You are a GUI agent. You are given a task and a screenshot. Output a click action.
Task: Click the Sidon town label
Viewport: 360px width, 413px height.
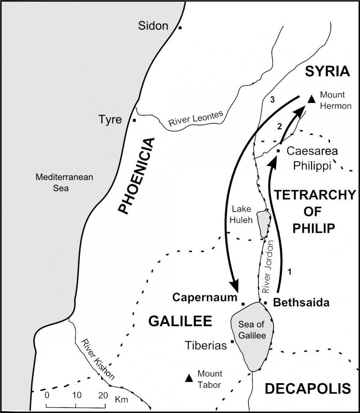[x=153, y=26]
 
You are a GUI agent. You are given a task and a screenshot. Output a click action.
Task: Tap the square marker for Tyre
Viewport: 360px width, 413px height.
[x=134, y=120]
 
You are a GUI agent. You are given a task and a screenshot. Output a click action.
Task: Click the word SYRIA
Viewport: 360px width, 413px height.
[x=327, y=71]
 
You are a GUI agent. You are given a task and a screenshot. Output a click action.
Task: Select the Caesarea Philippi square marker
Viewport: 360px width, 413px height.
[x=278, y=151]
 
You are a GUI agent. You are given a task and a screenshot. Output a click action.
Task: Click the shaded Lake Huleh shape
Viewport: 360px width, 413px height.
[x=263, y=224]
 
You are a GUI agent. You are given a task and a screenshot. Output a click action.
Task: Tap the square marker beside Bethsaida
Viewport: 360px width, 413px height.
[x=266, y=303]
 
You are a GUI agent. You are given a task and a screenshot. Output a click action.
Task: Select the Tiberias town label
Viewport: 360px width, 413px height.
[x=206, y=346]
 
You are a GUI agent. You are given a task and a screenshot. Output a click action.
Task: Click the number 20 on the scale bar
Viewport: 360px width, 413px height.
[x=103, y=395]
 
